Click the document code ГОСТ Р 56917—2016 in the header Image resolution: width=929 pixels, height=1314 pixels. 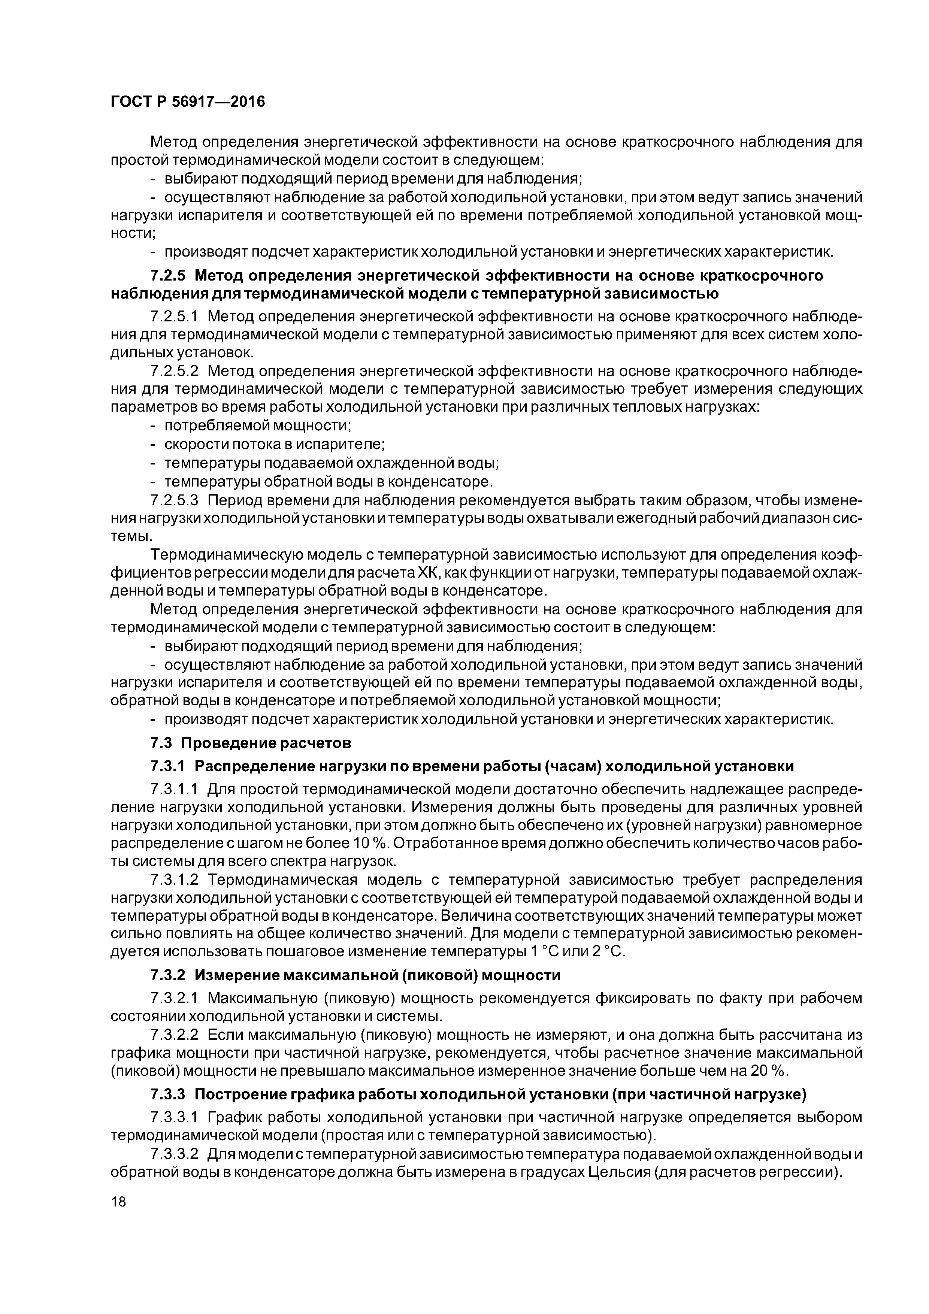pos(188,102)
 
